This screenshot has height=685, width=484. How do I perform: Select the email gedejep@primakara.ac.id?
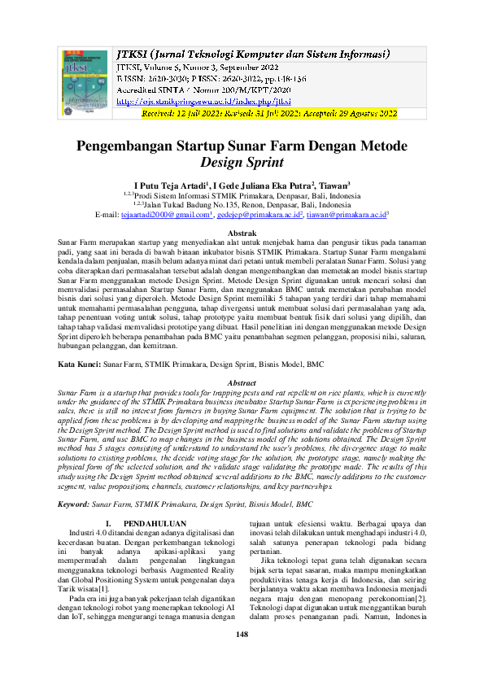(260, 215)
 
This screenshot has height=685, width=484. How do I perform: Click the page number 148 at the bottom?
(242, 657)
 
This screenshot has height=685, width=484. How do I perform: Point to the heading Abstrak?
(242, 233)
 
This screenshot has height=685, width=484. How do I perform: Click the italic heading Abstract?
(242, 382)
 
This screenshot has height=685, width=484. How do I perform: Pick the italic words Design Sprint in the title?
(242, 164)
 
